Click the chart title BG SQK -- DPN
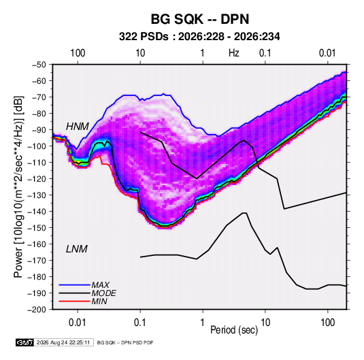(200, 19)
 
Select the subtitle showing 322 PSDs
(199, 37)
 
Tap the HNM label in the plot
(78, 127)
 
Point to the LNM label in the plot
(77, 249)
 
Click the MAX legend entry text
(100, 285)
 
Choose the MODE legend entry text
(104, 293)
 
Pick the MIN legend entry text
(99, 301)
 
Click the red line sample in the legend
(74, 301)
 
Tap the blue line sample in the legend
(74, 285)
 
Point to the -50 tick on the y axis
(39, 65)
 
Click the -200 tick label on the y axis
(37, 310)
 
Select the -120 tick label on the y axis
(37, 178)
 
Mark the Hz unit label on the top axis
(234, 53)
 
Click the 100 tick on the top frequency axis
(78, 53)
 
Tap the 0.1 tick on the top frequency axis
(265, 53)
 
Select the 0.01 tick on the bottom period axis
(78, 323)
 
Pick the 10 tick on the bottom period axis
(265, 323)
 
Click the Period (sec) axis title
(234, 330)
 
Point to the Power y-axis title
(18, 186)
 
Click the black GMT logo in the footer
(24, 342)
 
